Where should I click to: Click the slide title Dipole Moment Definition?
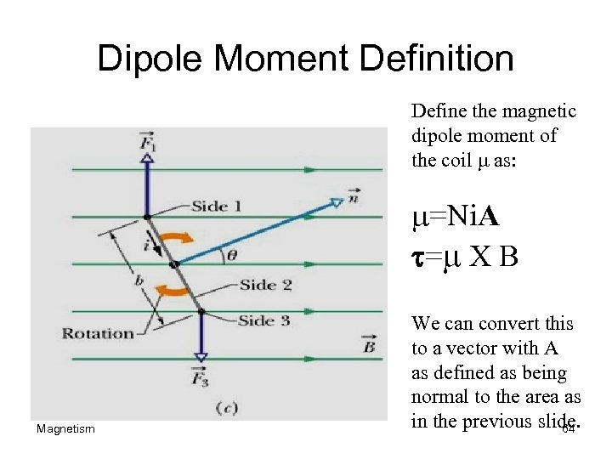pos(305,59)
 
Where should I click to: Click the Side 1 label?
pos(217,205)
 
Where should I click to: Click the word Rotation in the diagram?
pos(99,333)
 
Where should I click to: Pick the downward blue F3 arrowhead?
pos(201,357)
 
